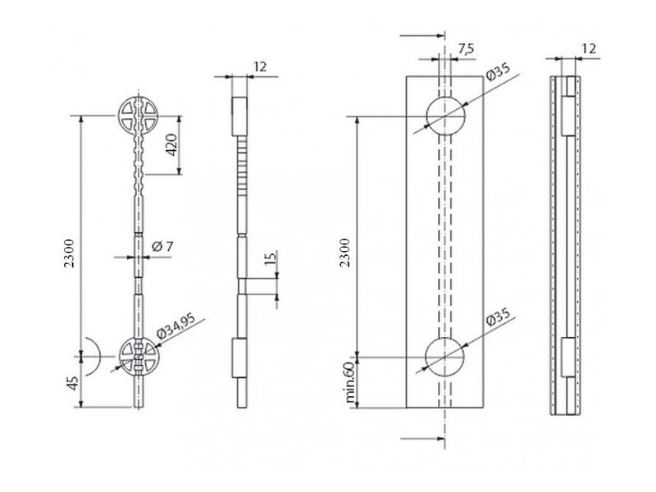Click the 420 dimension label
172,145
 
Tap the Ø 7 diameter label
162,247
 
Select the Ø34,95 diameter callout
175,326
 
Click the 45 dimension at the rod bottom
73,383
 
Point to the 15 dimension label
271,258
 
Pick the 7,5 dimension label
466,49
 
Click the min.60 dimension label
350,382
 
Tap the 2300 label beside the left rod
69,253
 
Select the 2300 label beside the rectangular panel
344,253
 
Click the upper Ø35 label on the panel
499,71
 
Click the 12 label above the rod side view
260,67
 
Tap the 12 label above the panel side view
589,49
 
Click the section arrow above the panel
421,36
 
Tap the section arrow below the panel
422,439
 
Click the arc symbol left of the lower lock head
98,356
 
